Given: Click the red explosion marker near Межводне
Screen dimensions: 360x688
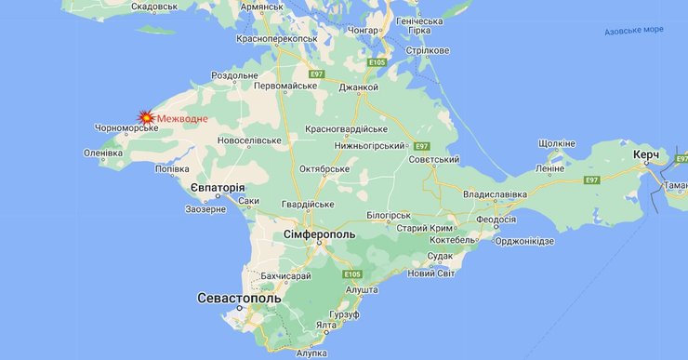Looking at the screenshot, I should (x=146, y=117).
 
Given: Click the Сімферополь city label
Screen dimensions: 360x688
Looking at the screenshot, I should (x=319, y=234).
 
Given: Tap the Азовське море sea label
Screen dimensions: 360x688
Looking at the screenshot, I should (x=634, y=30).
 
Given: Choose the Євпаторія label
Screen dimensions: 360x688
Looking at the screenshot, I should (x=218, y=188).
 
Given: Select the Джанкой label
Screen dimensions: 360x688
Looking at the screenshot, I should (x=359, y=87).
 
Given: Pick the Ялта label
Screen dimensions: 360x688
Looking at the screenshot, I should (x=325, y=325).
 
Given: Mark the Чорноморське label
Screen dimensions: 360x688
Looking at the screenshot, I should (x=126, y=128).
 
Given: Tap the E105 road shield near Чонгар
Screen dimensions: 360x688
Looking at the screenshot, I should (x=377, y=62).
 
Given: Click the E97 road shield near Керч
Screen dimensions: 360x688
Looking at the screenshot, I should (x=592, y=180).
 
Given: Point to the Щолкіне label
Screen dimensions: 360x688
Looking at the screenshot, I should (x=557, y=143).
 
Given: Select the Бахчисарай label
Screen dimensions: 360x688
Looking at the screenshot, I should (x=285, y=276).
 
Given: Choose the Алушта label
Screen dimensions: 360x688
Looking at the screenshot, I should (x=361, y=290).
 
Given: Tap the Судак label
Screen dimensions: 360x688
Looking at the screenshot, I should (x=440, y=255).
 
